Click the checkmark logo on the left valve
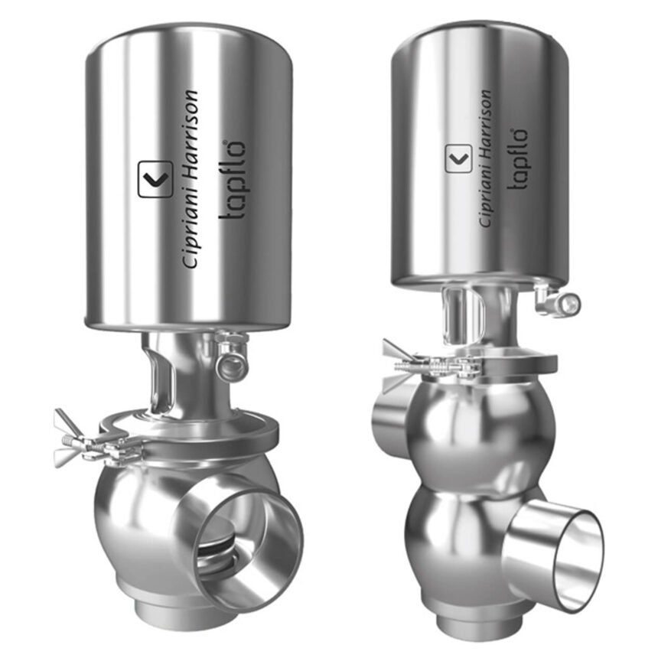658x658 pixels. (155, 179)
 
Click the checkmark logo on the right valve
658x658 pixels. (458, 158)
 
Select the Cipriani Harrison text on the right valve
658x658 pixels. (485, 158)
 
